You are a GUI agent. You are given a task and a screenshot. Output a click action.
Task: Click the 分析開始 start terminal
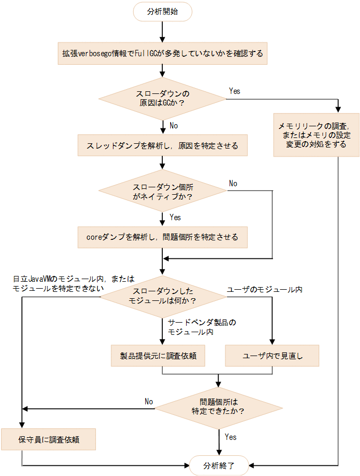(x=163, y=12)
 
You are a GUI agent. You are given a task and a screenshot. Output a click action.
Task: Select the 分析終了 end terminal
(x=218, y=466)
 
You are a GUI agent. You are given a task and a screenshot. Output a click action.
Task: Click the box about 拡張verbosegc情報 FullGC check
(x=162, y=54)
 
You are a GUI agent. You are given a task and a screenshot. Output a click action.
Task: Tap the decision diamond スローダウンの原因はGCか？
(x=162, y=98)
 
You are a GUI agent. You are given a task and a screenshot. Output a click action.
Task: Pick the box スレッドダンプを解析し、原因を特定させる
(x=162, y=145)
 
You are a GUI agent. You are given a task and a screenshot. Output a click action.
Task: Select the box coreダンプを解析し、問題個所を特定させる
(x=162, y=237)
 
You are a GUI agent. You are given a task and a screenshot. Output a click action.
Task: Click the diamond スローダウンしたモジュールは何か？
(x=162, y=296)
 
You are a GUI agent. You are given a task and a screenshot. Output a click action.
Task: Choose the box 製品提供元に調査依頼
(x=158, y=356)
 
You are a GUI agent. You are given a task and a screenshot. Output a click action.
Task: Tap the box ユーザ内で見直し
(x=273, y=356)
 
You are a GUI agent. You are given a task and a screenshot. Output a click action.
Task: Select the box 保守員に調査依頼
(x=49, y=440)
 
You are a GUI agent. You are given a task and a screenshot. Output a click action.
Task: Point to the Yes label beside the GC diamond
(x=234, y=91)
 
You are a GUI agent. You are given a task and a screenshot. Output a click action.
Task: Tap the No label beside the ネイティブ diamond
(x=233, y=184)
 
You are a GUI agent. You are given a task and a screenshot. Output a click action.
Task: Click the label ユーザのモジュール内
(x=264, y=290)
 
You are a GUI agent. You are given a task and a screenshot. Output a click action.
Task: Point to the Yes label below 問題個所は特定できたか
(x=231, y=437)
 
